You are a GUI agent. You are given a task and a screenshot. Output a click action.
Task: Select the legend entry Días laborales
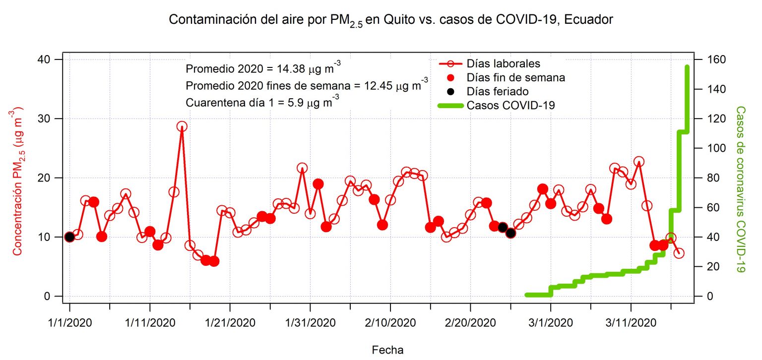(x=503, y=63)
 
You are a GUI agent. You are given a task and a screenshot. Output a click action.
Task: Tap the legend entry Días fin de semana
(x=515, y=77)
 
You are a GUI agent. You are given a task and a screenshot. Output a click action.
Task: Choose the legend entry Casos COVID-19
(x=510, y=105)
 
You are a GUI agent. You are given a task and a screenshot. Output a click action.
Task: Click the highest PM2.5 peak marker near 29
(x=182, y=126)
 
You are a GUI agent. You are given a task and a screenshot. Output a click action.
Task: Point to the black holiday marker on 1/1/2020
(x=69, y=237)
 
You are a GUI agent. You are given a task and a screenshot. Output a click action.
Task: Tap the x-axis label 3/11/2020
(x=631, y=323)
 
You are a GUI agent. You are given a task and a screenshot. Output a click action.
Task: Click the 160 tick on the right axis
(x=709, y=60)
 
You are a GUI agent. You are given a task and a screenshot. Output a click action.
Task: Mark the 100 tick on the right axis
(x=709, y=148)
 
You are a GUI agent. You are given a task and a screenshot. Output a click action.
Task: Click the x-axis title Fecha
(x=388, y=350)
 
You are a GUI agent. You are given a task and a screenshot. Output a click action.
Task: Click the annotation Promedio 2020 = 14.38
(x=263, y=68)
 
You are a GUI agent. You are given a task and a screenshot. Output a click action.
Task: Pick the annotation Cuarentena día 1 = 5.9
(x=262, y=103)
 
